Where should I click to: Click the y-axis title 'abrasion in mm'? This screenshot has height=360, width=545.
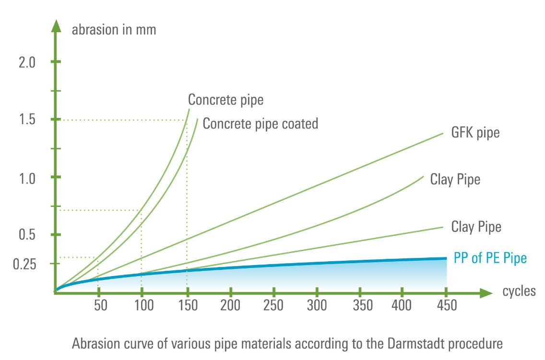click(114, 30)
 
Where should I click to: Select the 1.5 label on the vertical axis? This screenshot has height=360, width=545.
click(27, 120)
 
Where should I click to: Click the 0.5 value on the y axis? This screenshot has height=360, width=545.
click(27, 235)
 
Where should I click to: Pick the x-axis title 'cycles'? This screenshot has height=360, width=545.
click(519, 291)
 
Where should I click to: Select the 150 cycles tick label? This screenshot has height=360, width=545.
click(188, 305)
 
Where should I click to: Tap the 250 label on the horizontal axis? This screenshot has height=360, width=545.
click(273, 305)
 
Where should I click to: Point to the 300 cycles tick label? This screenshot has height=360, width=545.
click(317, 305)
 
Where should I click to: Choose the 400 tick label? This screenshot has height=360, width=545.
click(402, 305)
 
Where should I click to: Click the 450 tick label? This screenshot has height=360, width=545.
click(445, 305)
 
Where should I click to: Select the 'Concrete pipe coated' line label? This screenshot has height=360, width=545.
click(261, 124)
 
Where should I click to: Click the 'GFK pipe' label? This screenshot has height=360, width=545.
click(475, 132)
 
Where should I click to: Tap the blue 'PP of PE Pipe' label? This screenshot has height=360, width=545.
click(489, 258)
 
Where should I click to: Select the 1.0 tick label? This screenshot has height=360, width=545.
click(27, 178)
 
